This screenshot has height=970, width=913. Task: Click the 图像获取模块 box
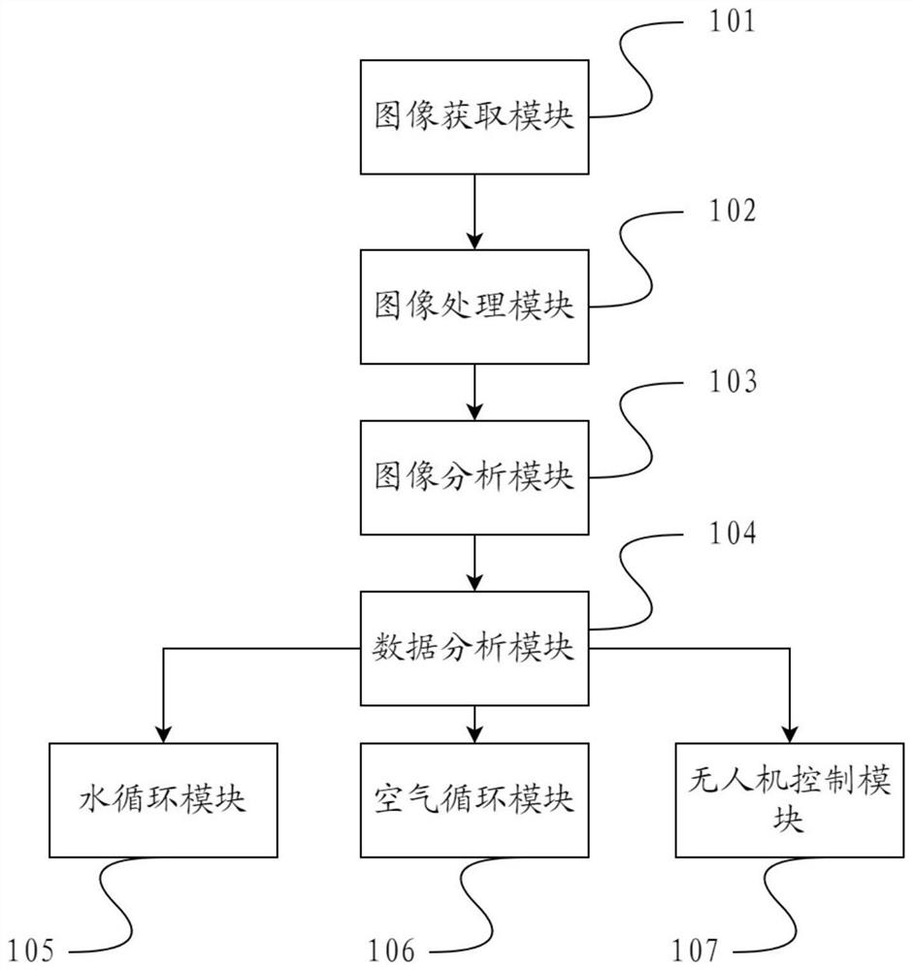tap(474, 117)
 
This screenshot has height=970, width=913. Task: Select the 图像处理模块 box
tap(474, 307)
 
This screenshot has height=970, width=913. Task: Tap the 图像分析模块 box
tap(474, 476)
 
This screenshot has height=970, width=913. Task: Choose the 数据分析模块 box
tap(474, 648)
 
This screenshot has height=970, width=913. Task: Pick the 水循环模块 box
tap(163, 800)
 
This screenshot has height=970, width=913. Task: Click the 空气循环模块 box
tap(474, 800)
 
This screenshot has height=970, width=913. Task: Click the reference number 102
tap(727, 211)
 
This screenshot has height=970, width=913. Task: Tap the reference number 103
tap(727, 382)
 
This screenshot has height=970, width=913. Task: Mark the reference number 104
tap(727, 533)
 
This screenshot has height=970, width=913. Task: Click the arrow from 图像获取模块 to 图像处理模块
tap(474, 211)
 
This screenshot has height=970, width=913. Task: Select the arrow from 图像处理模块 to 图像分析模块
tap(474, 392)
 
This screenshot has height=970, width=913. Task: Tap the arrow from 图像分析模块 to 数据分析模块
tap(474, 563)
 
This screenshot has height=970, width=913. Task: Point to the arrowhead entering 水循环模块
tap(163, 733)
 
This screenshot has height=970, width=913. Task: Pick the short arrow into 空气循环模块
tap(474, 724)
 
